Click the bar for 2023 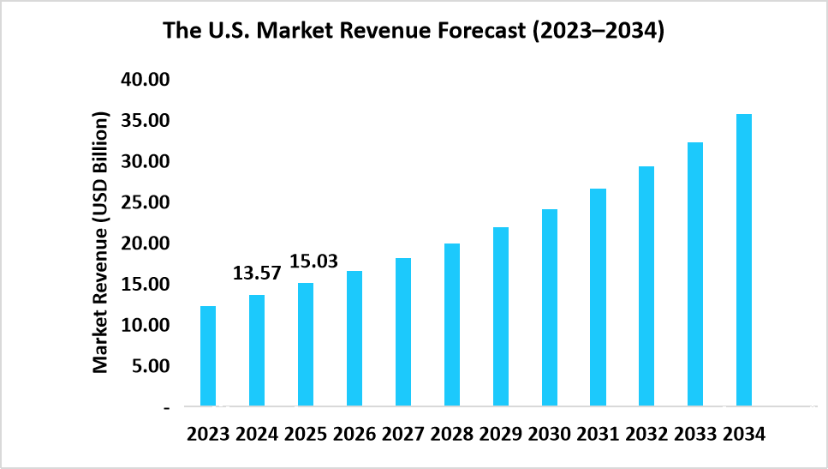208,356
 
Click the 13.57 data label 256,274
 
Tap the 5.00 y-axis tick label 154,366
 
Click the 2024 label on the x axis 258,434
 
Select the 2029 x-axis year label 500,434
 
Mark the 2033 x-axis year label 694,434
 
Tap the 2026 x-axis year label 354,434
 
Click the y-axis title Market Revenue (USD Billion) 101,242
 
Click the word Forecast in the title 479,33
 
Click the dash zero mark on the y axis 167,407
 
